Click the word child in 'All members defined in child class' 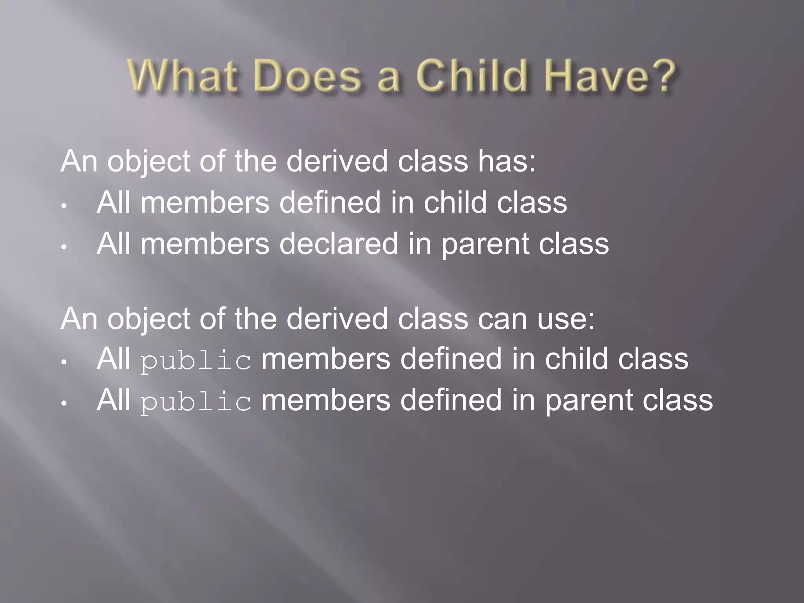(x=456, y=203)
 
